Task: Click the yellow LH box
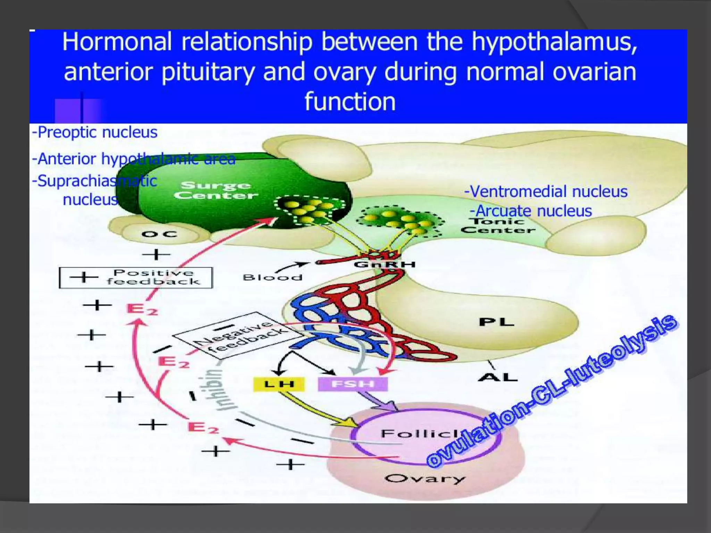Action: pyautogui.click(x=279, y=384)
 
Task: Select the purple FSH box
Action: pyautogui.click(x=352, y=384)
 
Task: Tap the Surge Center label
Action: pyautogui.click(x=216, y=190)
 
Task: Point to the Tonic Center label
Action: pyautogui.click(x=498, y=226)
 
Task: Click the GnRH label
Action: pyautogui.click(x=385, y=264)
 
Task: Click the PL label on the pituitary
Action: pyautogui.click(x=496, y=322)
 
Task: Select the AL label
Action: pyautogui.click(x=498, y=377)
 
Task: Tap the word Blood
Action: pyautogui.click(x=273, y=278)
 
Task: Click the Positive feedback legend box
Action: pyautogui.click(x=136, y=278)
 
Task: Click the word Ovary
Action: pyautogui.click(x=425, y=479)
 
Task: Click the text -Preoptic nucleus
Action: pyautogui.click(x=95, y=132)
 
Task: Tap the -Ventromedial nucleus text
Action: pyautogui.click(x=546, y=192)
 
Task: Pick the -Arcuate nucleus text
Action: pyautogui.click(x=531, y=211)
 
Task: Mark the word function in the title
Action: pyautogui.click(x=350, y=102)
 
